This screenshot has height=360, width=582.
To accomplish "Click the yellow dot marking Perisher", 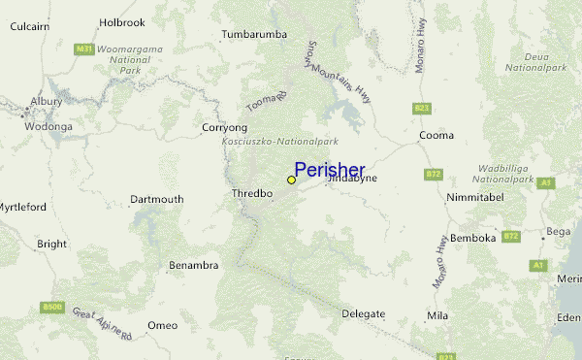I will (x=291, y=180).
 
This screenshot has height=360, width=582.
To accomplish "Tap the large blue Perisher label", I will (x=329, y=170).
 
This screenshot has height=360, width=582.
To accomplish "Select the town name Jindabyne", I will (x=351, y=179).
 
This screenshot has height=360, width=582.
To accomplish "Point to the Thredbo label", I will (x=252, y=193).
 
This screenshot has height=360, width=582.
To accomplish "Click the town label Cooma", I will (x=436, y=135).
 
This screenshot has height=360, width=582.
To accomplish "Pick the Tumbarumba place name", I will (x=254, y=34).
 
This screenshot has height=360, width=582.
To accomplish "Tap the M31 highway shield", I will (x=84, y=49).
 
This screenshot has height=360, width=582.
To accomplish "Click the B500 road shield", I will (x=52, y=308).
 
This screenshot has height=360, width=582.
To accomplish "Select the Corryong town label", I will (x=224, y=127).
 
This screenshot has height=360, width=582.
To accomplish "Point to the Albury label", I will (x=46, y=101).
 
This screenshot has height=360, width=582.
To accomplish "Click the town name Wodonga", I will (x=48, y=126).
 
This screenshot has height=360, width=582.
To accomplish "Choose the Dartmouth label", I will (x=156, y=200).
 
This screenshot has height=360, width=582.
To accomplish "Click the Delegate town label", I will (x=364, y=313).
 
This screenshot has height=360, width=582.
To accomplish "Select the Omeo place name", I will (x=162, y=325).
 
